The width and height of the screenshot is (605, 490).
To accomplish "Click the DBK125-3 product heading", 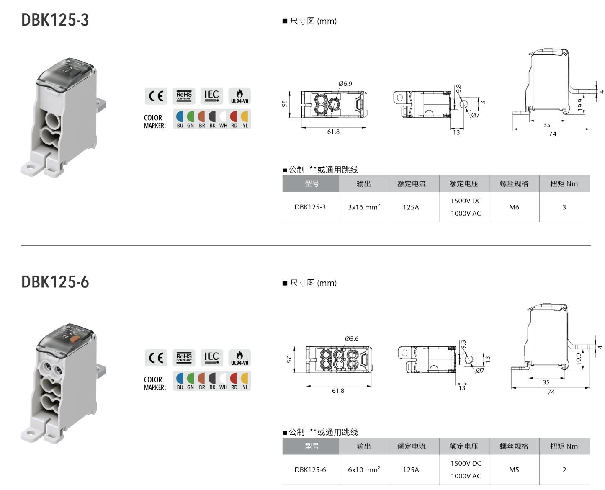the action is (55, 20).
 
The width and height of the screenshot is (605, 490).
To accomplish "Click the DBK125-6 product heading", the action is (55, 282).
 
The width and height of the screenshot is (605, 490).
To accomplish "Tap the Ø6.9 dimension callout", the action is (345, 84).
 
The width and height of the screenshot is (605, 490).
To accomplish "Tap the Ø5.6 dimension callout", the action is (352, 338).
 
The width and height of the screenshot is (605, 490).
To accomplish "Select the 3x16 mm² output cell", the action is (364, 207).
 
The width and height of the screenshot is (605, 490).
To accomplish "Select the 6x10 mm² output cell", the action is (364, 469).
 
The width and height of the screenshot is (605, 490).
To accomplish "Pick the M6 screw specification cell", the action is (514, 207).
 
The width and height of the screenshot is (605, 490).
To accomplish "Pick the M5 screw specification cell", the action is (514, 469).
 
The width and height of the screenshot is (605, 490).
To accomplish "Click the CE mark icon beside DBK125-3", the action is (156, 96).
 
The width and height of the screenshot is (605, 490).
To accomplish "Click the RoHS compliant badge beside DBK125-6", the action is (184, 358).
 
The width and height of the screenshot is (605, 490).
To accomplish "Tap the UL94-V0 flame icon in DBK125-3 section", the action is (239, 96).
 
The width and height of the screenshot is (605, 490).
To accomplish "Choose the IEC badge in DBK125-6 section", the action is (211, 358).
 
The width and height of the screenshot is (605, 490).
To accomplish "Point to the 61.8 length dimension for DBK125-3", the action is (333, 132).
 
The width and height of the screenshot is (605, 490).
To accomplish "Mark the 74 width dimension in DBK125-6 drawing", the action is (551, 392).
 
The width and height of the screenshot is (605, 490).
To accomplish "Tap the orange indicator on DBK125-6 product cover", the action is (75, 339).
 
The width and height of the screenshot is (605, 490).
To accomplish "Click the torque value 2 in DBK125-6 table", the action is (564, 469).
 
